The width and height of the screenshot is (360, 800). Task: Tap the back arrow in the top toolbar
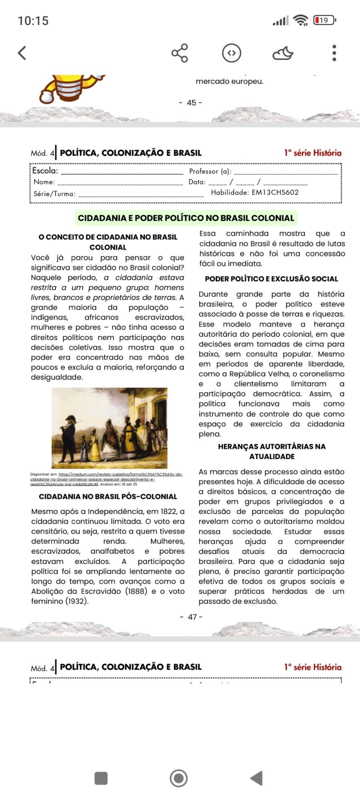point(22,53)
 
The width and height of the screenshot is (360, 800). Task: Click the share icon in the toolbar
point(180,53)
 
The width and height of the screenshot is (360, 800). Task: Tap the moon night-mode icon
point(282,53)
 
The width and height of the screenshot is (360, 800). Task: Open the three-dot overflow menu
point(334,53)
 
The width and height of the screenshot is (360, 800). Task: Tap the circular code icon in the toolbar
point(232,53)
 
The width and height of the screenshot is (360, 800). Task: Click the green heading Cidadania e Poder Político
point(186,218)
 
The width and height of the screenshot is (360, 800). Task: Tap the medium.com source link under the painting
point(106,479)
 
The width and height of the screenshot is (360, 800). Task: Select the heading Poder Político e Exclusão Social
point(271,279)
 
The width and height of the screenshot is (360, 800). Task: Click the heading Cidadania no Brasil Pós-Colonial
point(108,496)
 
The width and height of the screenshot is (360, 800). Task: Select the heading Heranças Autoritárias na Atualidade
point(272,451)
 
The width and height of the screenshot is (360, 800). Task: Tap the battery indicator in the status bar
point(324,20)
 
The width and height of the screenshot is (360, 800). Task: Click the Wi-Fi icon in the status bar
point(300,20)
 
